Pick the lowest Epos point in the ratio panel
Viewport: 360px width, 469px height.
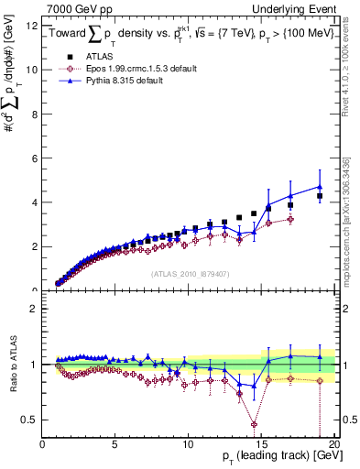(x=254, y=424)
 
